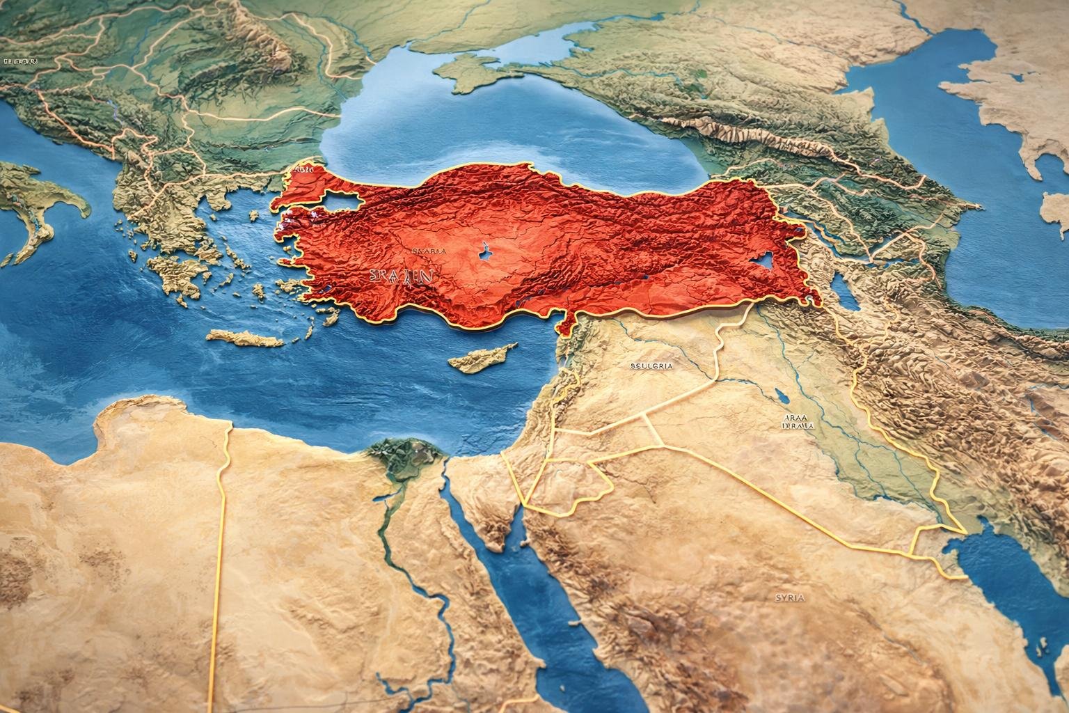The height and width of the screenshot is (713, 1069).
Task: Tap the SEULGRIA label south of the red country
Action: pyautogui.click(x=651, y=365)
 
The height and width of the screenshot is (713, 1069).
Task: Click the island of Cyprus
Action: pyautogui.click(x=480, y=359)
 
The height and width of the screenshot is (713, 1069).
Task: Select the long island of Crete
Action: pyautogui.click(x=244, y=338)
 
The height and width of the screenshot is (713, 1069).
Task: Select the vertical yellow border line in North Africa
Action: pyautogui.click(x=223, y=557)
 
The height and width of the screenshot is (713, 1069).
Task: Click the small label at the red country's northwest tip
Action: pyautogui.click(x=304, y=169)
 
